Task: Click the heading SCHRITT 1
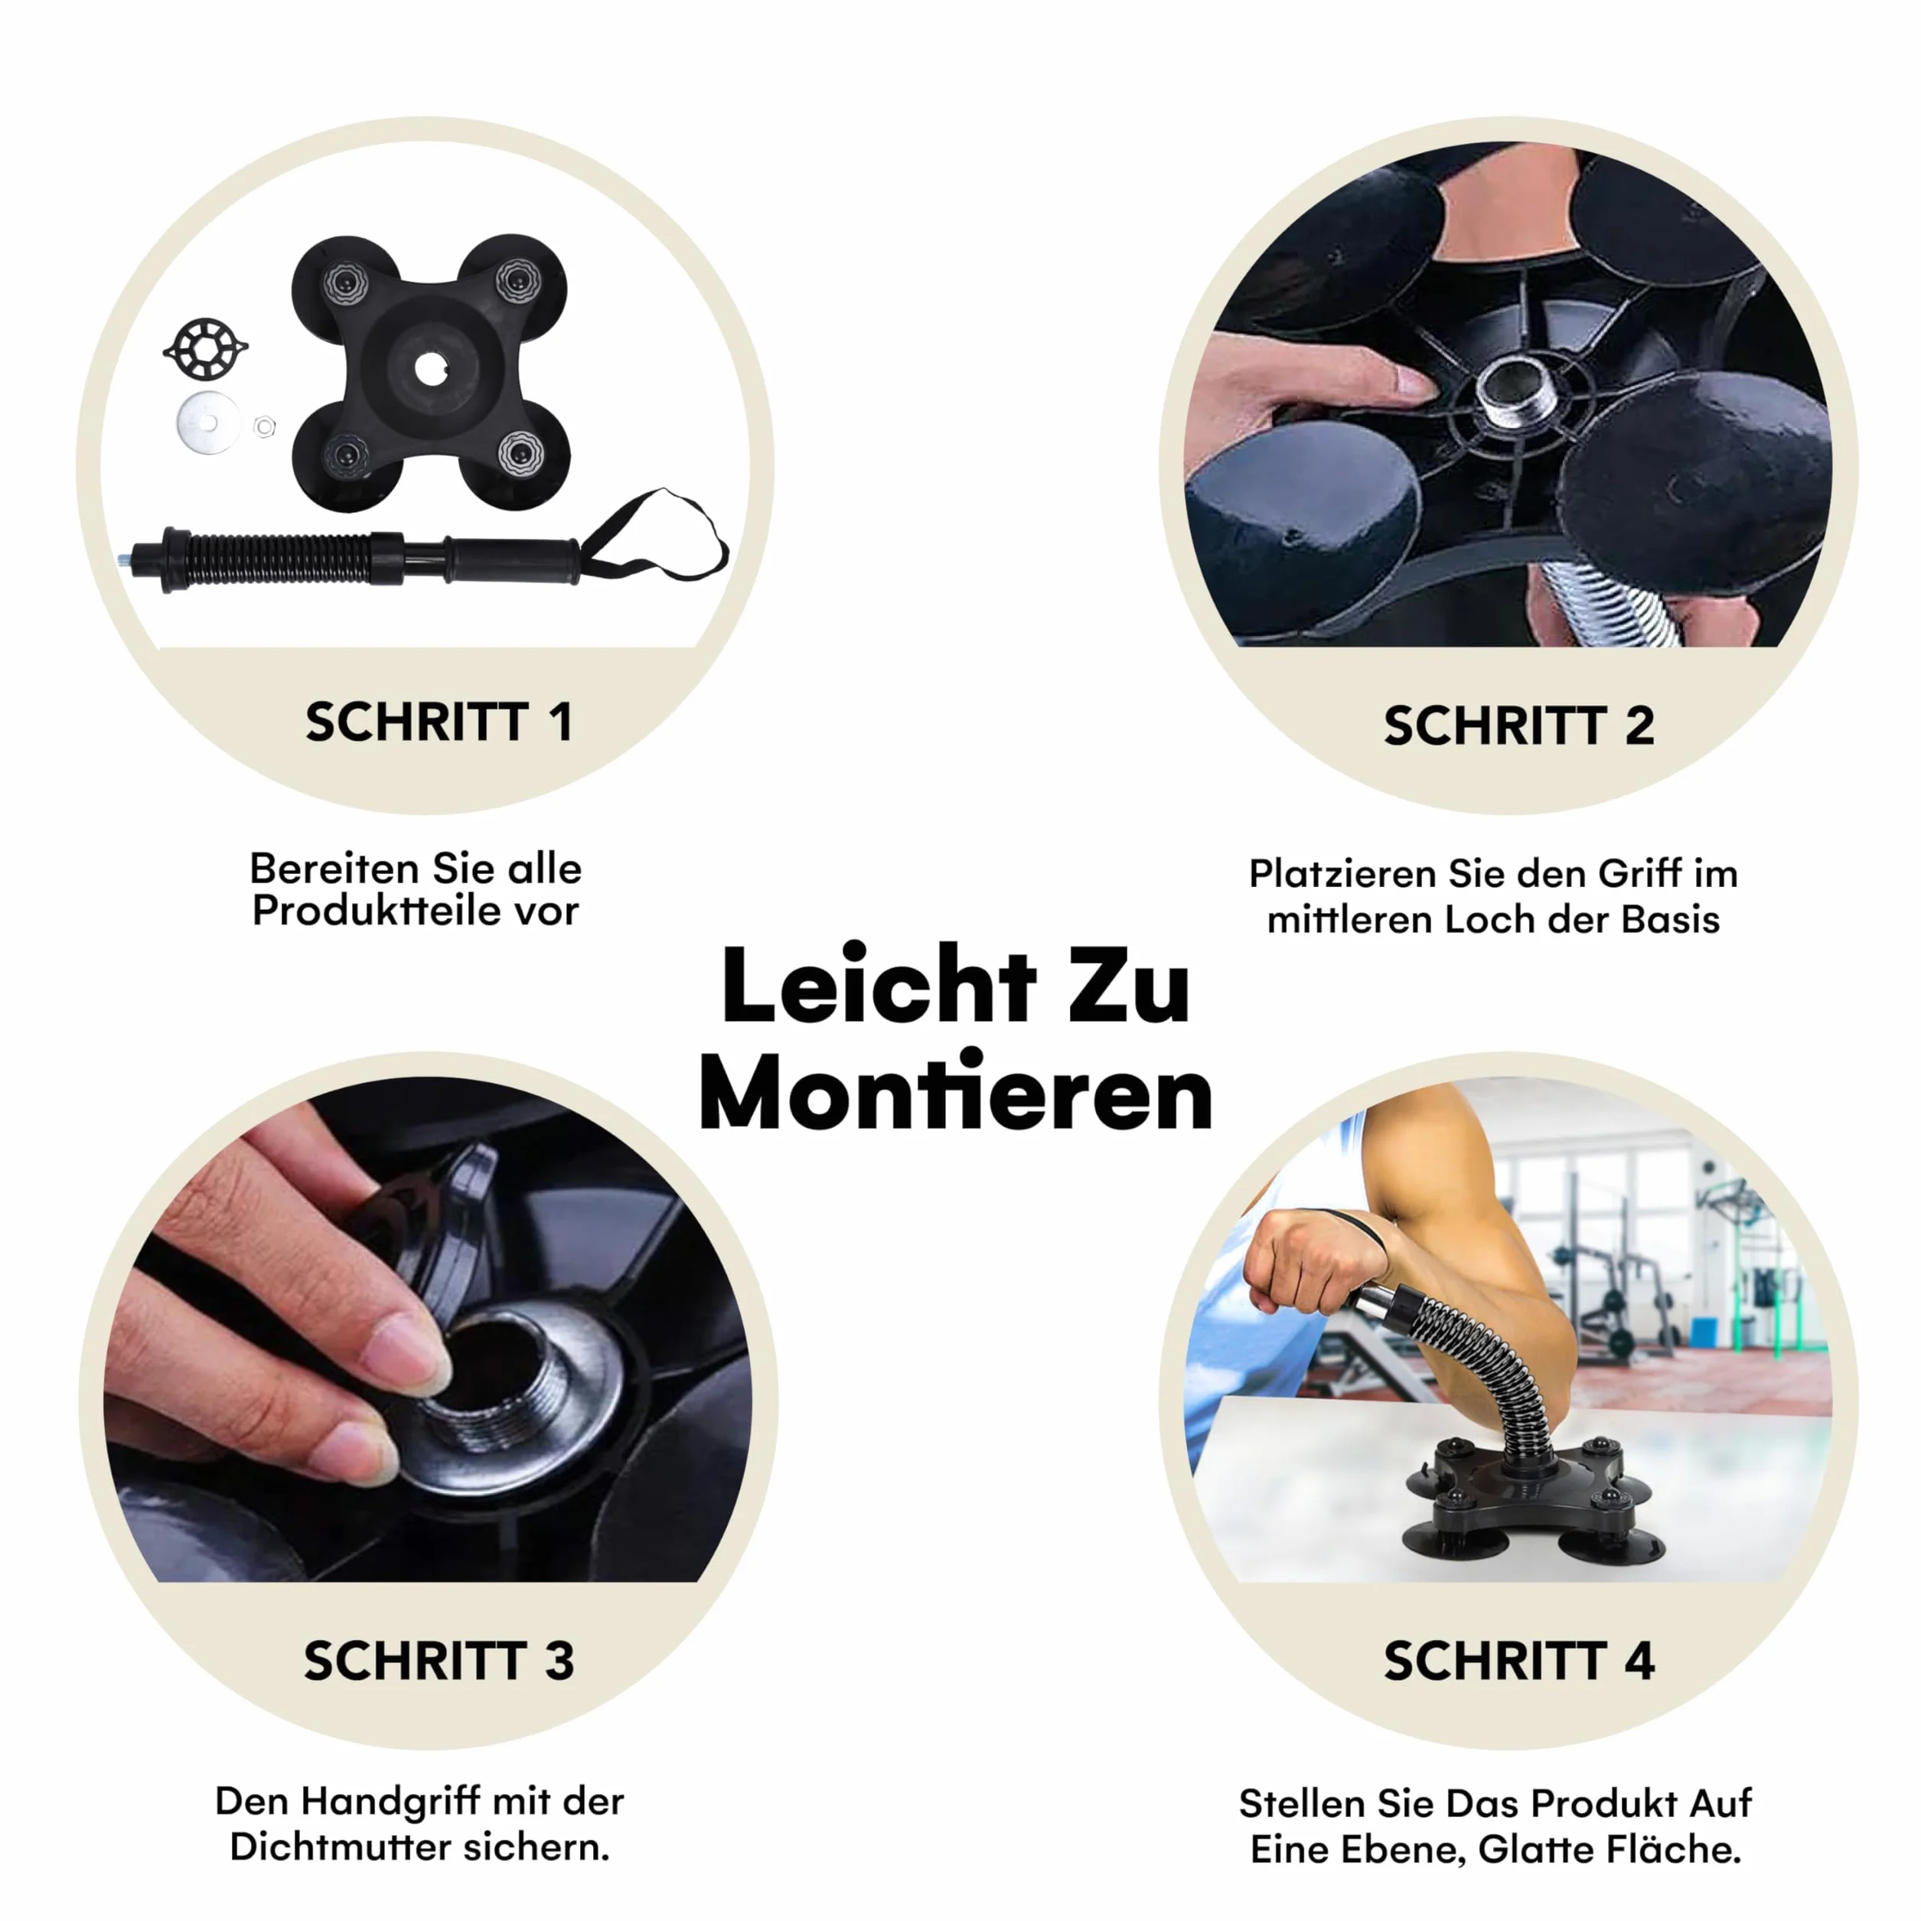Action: pyautogui.click(x=439, y=722)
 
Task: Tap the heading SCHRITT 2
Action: pyautogui.click(x=1518, y=726)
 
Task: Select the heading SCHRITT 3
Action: pyautogui.click(x=439, y=1661)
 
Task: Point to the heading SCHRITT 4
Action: pyautogui.click(x=1518, y=1661)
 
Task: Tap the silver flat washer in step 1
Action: pyautogui.click(x=208, y=423)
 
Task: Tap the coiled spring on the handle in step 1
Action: pyautogui.click(x=282, y=562)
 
